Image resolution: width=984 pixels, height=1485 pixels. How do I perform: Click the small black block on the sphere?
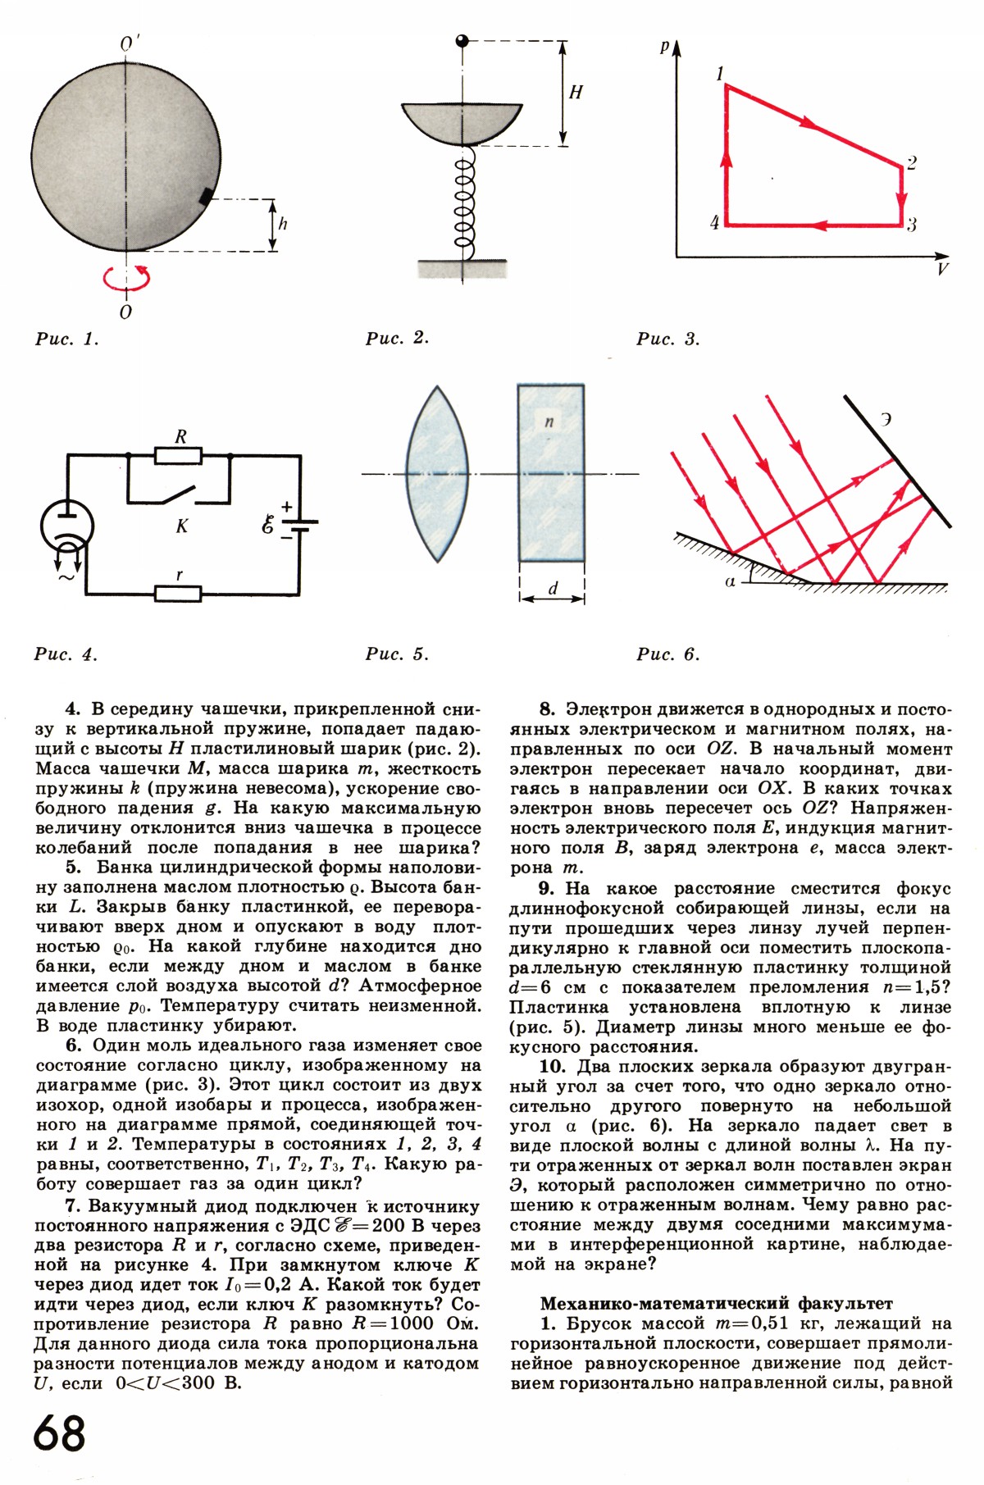pyautogui.click(x=207, y=196)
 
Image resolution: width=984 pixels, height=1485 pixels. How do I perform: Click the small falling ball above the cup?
pyautogui.click(x=462, y=40)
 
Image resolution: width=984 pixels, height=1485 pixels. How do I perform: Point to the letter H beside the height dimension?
pyautogui.click(x=576, y=92)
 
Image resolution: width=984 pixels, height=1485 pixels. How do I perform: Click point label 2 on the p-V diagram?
pyautogui.click(x=912, y=162)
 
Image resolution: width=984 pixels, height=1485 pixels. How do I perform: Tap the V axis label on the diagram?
pyautogui.click(x=943, y=269)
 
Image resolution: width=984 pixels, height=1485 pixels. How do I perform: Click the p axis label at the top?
pyautogui.click(x=664, y=48)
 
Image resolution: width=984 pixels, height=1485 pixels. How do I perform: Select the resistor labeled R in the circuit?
pyautogui.click(x=180, y=453)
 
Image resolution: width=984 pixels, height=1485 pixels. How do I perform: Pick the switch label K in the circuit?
pyautogui.click(x=182, y=526)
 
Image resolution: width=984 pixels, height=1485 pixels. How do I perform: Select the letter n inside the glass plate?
pyautogui.click(x=549, y=421)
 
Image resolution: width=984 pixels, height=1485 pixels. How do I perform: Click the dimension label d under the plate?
pyautogui.click(x=553, y=588)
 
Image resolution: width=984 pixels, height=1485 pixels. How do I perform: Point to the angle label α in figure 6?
pyautogui.click(x=731, y=581)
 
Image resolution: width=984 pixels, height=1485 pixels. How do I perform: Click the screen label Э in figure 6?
pyautogui.click(x=886, y=419)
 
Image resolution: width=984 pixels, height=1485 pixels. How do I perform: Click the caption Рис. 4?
pyautogui.click(x=66, y=654)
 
